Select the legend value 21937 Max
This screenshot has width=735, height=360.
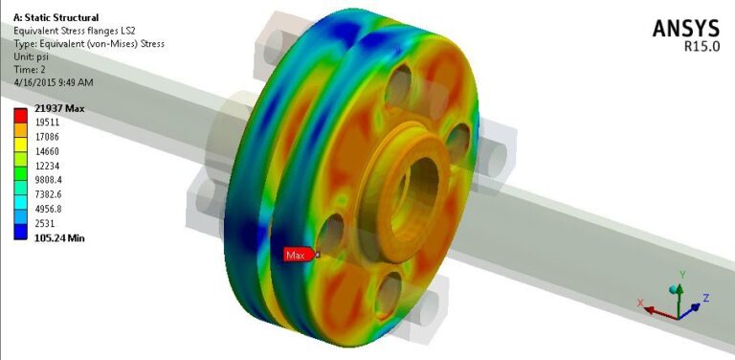tap(58, 109)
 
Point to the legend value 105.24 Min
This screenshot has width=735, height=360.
tap(59, 237)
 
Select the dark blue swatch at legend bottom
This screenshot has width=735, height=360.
tap(19, 231)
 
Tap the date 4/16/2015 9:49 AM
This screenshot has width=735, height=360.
tap(53, 80)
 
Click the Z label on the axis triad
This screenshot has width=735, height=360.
tap(705, 299)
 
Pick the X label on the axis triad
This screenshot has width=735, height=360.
tap(638, 303)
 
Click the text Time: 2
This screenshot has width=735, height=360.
tap(30, 68)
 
